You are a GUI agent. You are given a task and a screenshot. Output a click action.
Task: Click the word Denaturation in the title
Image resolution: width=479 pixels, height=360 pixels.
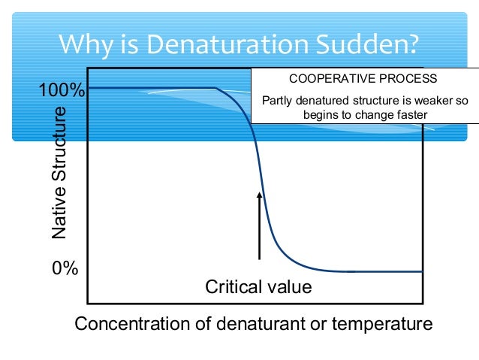pyautogui.click(x=220, y=45)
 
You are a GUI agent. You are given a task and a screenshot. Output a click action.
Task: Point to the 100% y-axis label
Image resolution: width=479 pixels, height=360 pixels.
pyautogui.click(x=62, y=92)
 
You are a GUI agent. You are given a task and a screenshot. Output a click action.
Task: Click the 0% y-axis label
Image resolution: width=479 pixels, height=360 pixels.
pyautogui.click(x=65, y=269)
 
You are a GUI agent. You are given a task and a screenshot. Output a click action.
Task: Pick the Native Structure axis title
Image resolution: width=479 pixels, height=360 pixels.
pyautogui.click(x=59, y=172)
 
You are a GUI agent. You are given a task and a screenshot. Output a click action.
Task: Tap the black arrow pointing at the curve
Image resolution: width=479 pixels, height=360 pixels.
pyautogui.click(x=260, y=225)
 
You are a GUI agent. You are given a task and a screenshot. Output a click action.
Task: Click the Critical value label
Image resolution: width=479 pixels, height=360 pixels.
pyautogui.click(x=258, y=287)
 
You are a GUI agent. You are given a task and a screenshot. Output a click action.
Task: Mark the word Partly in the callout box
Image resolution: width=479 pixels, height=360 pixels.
pyautogui.click(x=276, y=101)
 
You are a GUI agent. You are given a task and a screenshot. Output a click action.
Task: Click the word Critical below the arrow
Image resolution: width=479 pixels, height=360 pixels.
pyautogui.click(x=232, y=287)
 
